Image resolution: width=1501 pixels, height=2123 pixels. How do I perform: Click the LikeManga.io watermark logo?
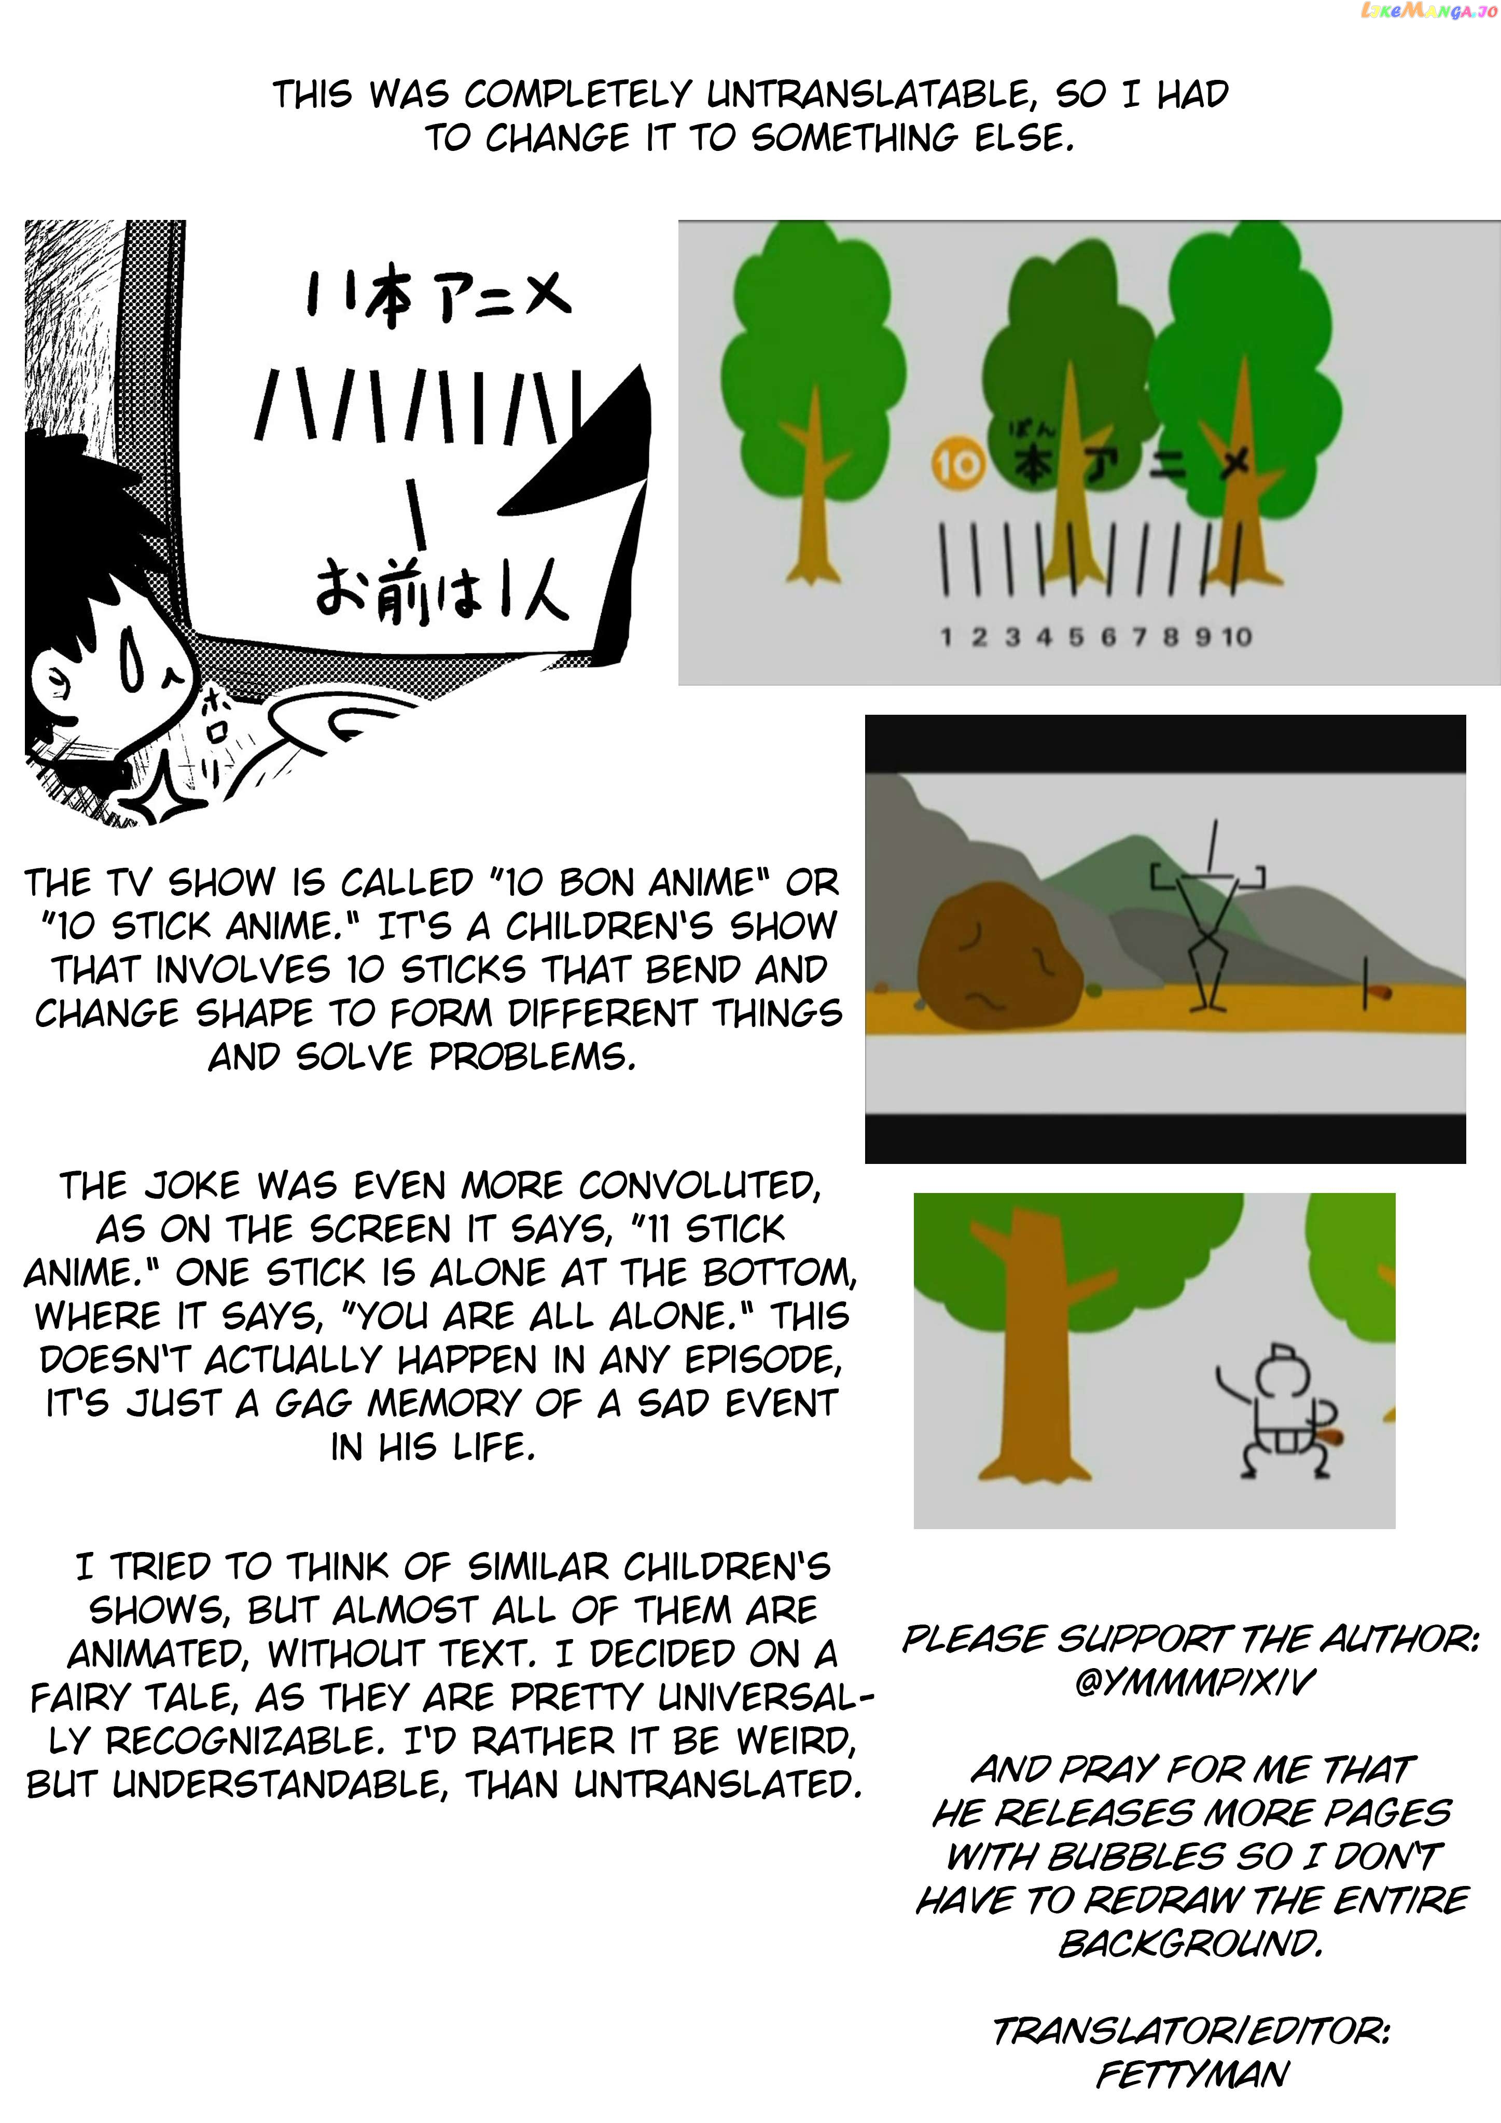click(1429, 11)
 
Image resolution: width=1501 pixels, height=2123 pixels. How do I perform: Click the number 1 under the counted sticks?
click(945, 637)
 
